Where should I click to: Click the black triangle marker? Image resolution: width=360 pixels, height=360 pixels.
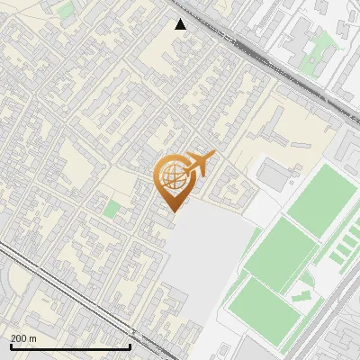point(181,24)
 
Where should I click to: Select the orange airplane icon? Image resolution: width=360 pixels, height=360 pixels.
point(199,164)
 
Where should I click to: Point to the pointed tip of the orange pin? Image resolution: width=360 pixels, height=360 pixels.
point(174,211)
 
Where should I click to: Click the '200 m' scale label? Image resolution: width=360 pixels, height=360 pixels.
point(23,337)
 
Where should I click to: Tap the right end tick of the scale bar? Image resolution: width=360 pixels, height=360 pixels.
point(130,344)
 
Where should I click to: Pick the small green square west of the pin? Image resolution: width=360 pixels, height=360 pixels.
point(112,209)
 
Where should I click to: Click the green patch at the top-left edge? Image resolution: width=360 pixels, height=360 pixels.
point(66,11)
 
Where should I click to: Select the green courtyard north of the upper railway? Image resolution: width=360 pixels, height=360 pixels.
point(312,61)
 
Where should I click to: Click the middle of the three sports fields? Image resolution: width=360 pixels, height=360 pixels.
point(280,255)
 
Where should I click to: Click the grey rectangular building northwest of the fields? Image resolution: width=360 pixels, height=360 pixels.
point(274,173)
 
